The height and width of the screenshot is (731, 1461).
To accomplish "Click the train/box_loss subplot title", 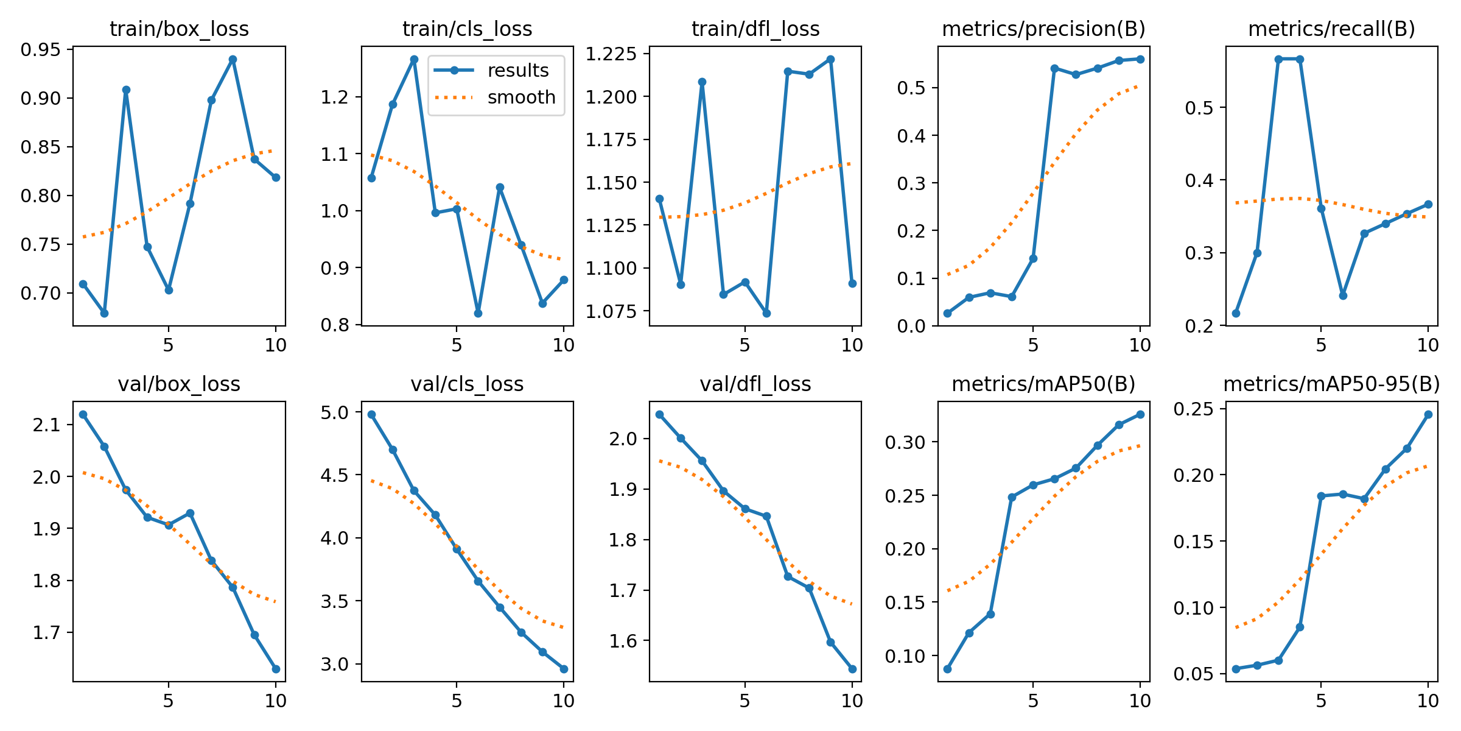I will (x=179, y=29).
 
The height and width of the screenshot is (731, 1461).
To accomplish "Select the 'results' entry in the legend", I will (x=518, y=71).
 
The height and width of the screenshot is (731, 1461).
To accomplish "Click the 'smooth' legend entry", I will (x=521, y=97).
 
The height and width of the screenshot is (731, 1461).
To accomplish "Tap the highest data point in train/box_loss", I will (x=233, y=60).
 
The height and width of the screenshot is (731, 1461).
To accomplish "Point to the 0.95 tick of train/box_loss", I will (x=41, y=50).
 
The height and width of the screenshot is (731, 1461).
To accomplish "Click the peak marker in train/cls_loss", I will (x=414, y=60).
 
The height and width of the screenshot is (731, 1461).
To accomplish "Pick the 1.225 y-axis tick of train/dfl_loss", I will (x=611, y=54).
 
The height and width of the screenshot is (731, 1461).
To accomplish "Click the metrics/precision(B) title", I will (x=1043, y=29).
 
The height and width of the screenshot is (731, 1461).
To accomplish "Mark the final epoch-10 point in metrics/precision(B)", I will (x=1140, y=59).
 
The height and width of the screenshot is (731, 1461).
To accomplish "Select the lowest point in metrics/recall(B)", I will (x=1236, y=313).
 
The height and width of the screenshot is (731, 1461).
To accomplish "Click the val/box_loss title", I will (x=179, y=384).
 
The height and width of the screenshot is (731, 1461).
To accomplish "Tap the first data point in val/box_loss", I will (x=83, y=414).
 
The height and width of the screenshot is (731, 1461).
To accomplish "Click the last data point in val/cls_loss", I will (x=564, y=669).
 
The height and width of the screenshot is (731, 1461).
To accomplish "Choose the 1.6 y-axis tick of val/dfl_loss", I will (x=623, y=641).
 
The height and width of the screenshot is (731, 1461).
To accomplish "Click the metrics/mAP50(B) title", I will (x=1043, y=384).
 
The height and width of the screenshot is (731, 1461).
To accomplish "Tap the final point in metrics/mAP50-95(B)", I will (x=1428, y=414).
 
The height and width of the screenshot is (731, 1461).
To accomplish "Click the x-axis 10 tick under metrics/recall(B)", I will (x=1428, y=345).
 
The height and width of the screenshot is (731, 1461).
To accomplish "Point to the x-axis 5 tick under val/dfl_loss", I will (x=745, y=701).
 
